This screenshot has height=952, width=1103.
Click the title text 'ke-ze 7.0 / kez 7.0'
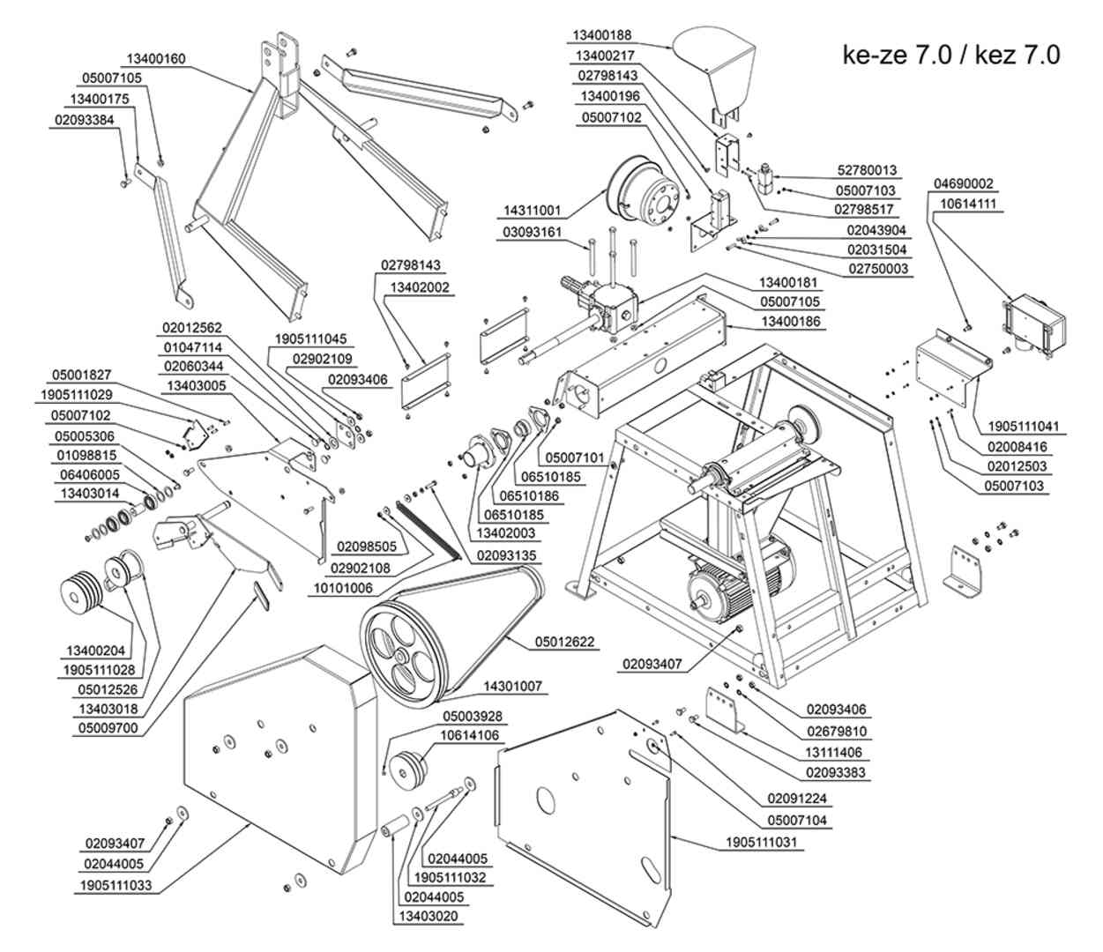pos(951,56)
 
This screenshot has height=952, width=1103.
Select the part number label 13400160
pos(156,59)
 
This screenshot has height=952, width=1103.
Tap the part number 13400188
pos(602,35)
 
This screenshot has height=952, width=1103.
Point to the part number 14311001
pos(532,211)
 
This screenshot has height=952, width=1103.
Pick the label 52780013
pos(867,170)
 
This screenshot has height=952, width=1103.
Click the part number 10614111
pos(968,204)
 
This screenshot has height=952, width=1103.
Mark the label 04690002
pos(963,184)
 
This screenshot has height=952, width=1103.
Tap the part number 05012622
pos(564,642)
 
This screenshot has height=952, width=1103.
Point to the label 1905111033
pos(116,886)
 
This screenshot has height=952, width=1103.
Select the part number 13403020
pos(429,917)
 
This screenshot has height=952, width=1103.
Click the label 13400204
pos(95,651)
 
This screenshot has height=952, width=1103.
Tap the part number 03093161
pos(532,233)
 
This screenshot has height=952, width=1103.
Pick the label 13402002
pos(420,287)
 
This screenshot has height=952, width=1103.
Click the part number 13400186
pos(791,322)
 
